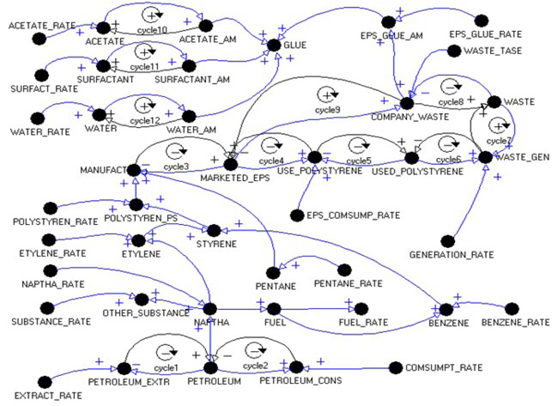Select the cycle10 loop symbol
(151, 15)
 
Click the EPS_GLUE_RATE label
(484, 33)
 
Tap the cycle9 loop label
(326, 108)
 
